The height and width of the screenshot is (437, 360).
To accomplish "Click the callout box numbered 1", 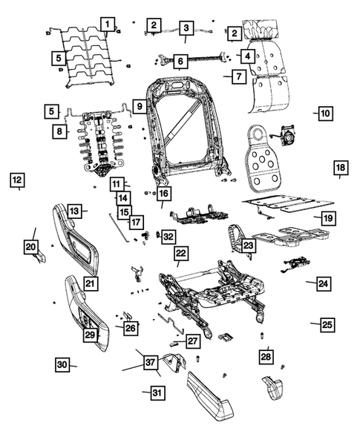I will (108, 24).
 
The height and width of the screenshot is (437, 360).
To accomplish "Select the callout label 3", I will (185, 27).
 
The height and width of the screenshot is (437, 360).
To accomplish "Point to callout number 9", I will (139, 107).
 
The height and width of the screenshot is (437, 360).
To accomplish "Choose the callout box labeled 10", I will (324, 114).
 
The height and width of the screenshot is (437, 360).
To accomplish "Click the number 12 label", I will (17, 179).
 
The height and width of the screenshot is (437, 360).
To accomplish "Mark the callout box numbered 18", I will (340, 168).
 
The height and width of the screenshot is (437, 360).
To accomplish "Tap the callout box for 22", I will (180, 253).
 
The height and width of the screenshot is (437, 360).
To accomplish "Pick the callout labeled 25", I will (327, 324).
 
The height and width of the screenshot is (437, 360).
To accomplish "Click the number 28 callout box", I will (266, 357).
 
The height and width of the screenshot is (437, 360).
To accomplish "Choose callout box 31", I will (155, 392).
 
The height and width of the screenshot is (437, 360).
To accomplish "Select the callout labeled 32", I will (169, 237).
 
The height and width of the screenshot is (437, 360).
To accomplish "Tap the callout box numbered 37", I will (151, 362).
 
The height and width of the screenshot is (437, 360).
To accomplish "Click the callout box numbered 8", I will (59, 131).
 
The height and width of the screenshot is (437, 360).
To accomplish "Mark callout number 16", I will (163, 194).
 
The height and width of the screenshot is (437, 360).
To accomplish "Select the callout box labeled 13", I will (74, 211).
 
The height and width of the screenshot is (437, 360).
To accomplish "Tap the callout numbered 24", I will (323, 283).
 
